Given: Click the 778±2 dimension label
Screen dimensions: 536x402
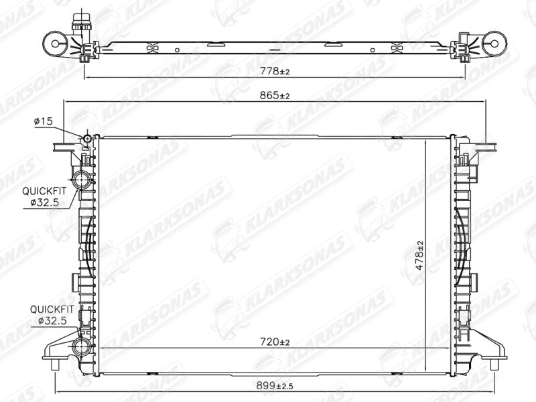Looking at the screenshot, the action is pyautogui.click(x=275, y=72).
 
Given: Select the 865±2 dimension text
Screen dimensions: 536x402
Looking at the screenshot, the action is pyautogui.click(x=275, y=96).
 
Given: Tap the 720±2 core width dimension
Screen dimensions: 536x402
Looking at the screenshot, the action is pyautogui.click(x=275, y=342).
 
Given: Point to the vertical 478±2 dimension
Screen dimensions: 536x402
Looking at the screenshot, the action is pyautogui.click(x=420, y=256).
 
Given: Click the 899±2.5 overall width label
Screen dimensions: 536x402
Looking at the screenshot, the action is pyautogui.click(x=275, y=386).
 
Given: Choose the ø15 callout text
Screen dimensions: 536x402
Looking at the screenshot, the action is pyautogui.click(x=44, y=121).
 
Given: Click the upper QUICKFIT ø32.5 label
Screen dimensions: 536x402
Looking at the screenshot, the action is pyautogui.click(x=44, y=197).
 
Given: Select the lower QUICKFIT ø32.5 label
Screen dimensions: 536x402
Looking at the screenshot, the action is pyautogui.click(x=52, y=315).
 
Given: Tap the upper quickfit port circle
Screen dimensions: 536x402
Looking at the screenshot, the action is pyautogui.click(x=82, y=179).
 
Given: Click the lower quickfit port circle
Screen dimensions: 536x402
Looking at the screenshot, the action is pyautogui.click(x=82, y=347).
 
